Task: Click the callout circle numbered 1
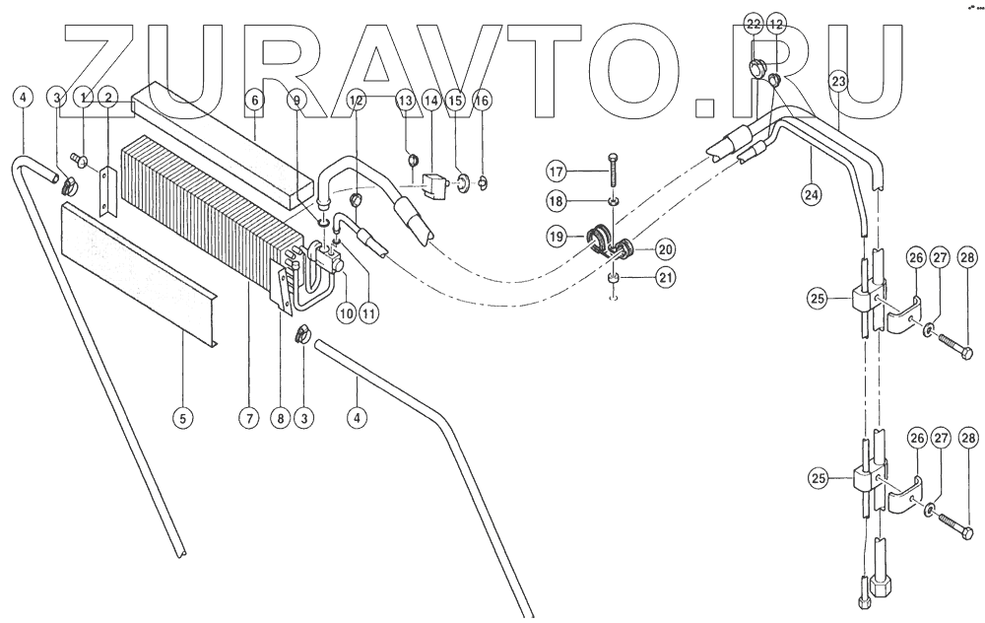[x=86, y=98]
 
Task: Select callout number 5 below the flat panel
[x=181, y=418]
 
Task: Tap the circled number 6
[x=255, y=100]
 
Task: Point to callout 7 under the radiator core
[x=247, y=418]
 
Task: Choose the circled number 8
[x=281, y=418]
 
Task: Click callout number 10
[x=345, y=312]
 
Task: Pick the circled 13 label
[x=407, y=100]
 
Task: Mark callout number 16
[x=481, y=100]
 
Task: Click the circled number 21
[x=667, y=277]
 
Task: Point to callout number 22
[x=754, y=23]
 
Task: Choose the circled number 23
[x=839, y=83]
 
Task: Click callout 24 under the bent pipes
[x=811, y=194]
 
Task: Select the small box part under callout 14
[x=430, y=183]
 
